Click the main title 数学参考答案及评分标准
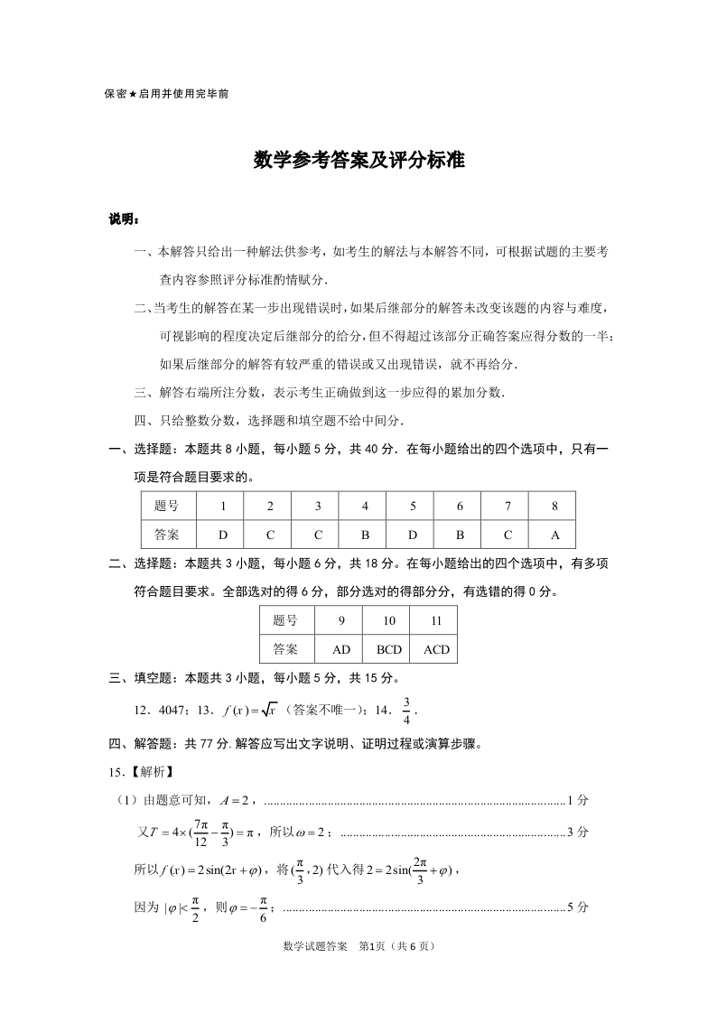(x=358, y=161)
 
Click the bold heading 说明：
(x=123, y=219)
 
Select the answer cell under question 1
(x=223, y=534)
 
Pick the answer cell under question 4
(x=365, y=534)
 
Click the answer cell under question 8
(x=554, y=534)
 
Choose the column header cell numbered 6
(x=460, y=507)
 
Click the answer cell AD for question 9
(x=341, y=649)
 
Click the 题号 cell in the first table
(x=167, y=507)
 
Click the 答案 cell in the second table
(x=284, y=649)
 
